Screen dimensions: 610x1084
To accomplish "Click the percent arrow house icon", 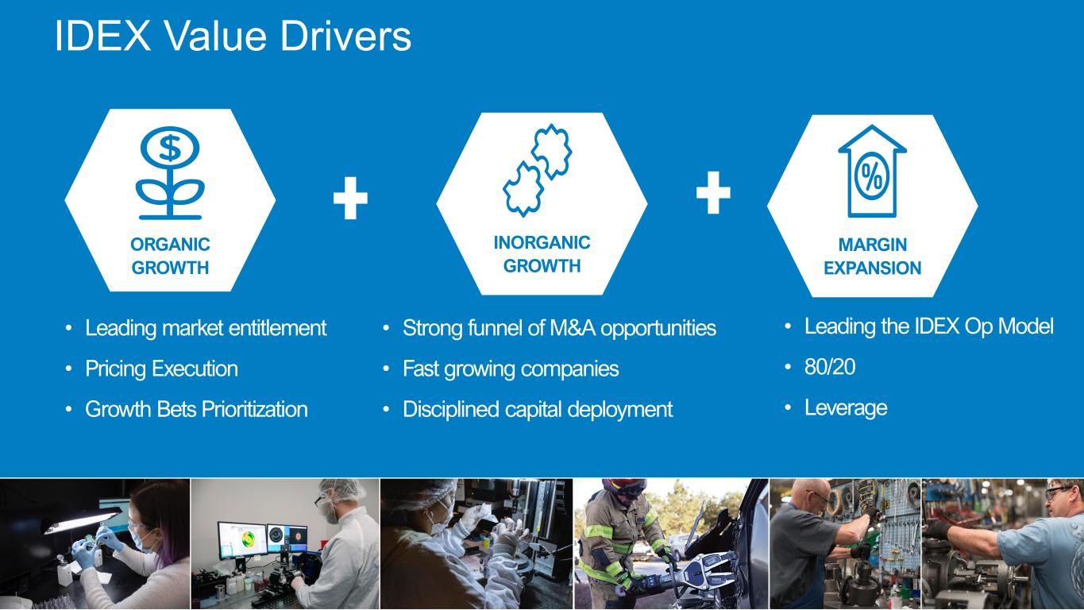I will (872, 172).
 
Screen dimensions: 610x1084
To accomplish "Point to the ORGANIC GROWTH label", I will (170, 256).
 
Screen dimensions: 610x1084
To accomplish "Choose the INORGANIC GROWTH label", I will (542, 253).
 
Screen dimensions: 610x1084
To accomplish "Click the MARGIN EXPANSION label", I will (872, 256).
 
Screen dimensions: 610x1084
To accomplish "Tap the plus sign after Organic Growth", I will (350, 199).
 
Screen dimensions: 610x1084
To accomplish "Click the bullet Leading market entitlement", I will (206, 327).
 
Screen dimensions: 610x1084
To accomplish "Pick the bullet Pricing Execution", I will (161, 369).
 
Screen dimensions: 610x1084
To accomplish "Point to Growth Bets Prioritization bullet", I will (196, 409).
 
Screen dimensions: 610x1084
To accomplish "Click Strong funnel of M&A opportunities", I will (559, 327).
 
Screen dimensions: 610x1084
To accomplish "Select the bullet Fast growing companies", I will (510, 369).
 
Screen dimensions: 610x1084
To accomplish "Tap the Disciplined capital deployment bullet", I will (538, 409).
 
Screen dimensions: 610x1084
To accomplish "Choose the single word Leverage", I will (845, 407).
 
